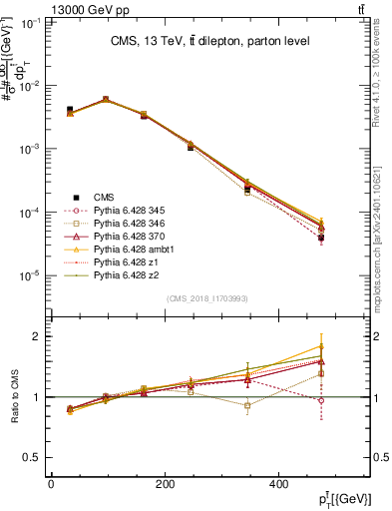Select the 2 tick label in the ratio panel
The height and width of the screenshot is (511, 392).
[39, 336]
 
